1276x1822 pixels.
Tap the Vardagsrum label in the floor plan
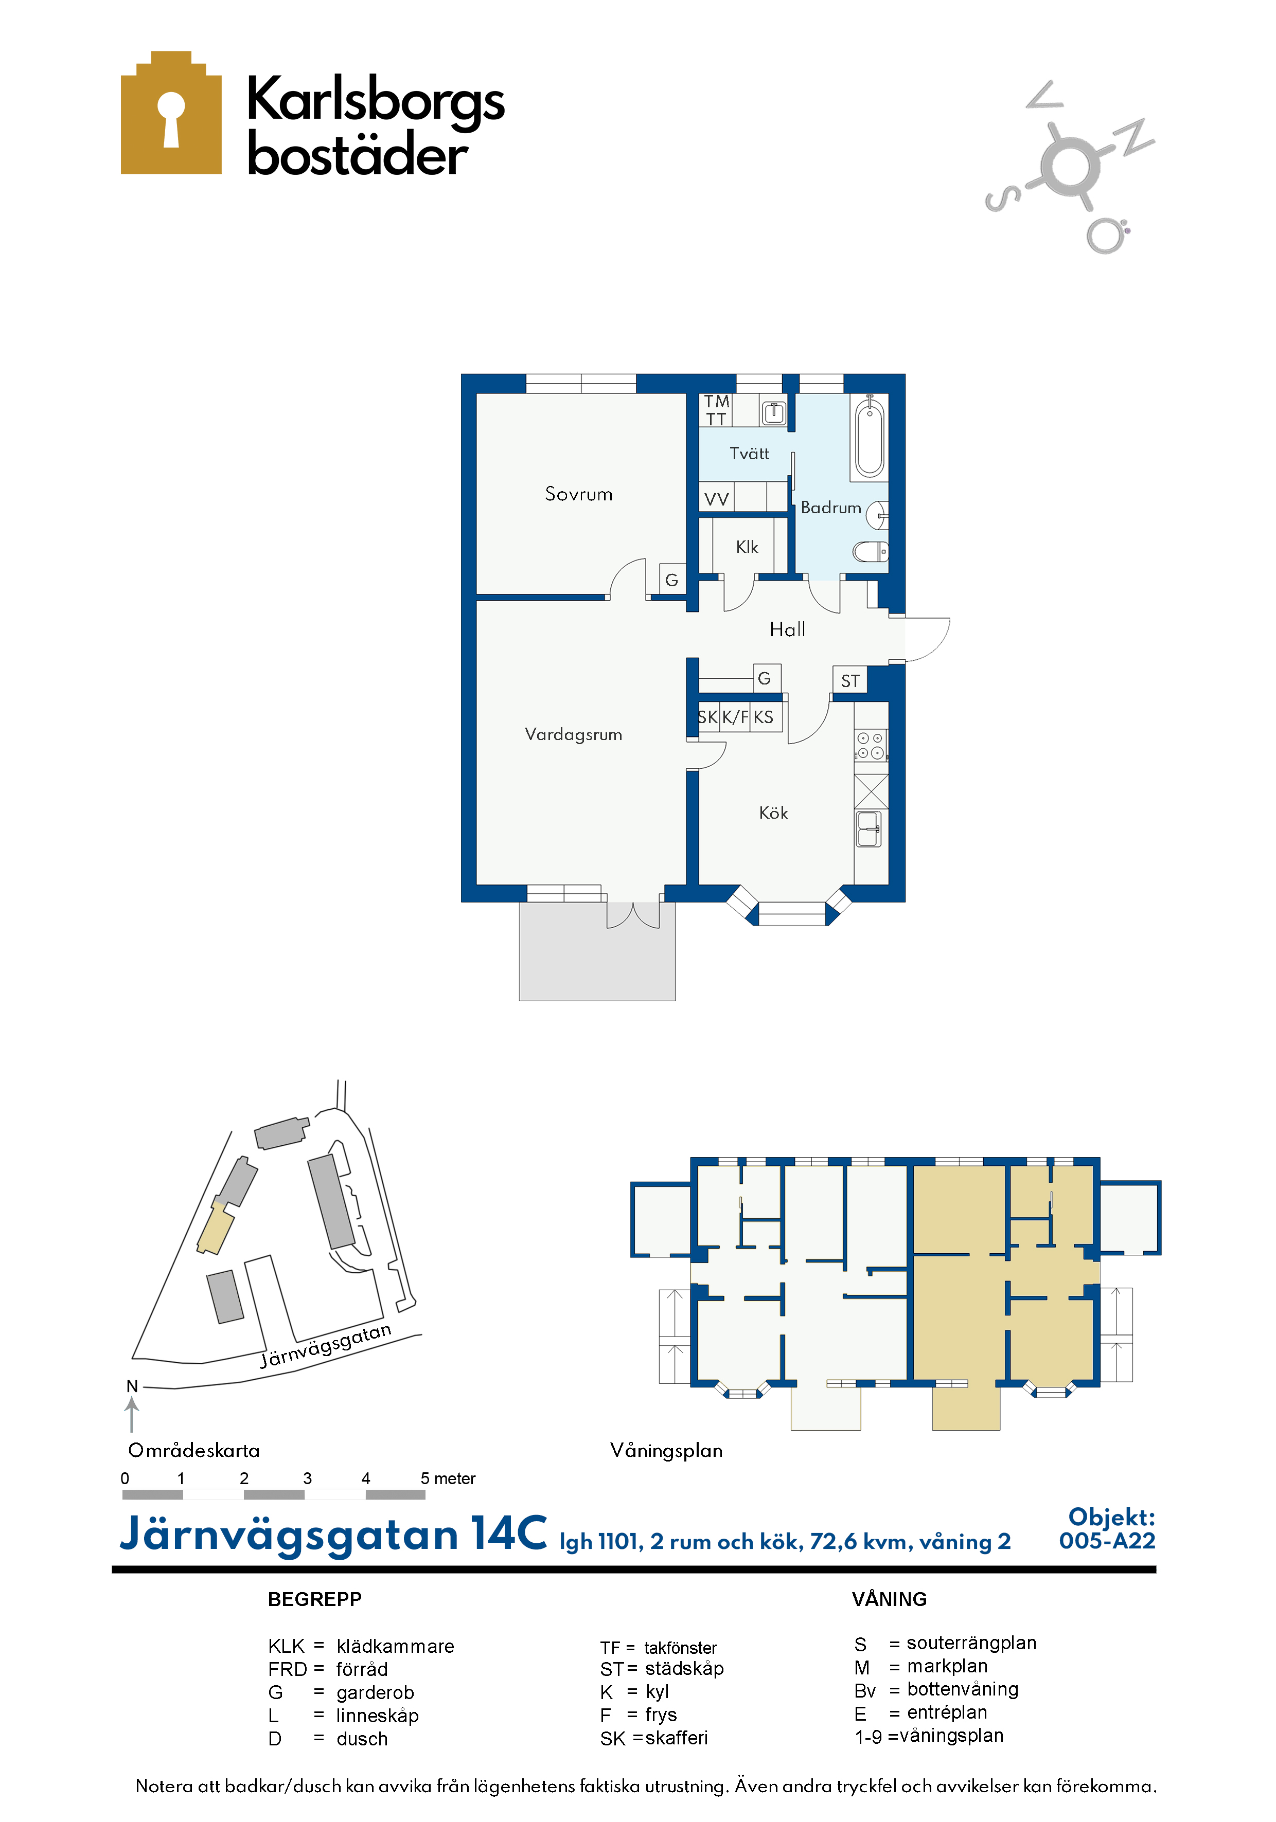pyautogui.click(x=573, y=735)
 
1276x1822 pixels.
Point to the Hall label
pyautogui.click(x=788, y=629)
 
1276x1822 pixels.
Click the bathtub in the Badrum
pyautogui.click(x=870, y=437)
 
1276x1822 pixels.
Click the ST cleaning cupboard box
pyautogui.click(x=849, y=680)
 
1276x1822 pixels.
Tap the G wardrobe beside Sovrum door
pyautogui.click(x=672, y=579)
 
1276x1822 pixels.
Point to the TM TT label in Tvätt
pyautogui.click(x=716, y=410)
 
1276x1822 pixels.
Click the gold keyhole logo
pyautogui.click(x=171, y=113)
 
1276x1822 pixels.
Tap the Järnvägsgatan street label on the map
pyautogui.click(x=326, y=1345)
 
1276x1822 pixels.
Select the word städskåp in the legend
pyautogui.click(x=684, y=1668)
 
